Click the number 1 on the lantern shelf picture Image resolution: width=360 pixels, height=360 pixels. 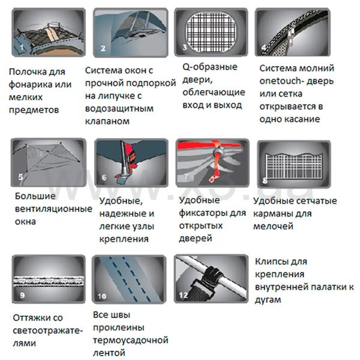22,47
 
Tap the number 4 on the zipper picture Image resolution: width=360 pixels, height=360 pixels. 264,48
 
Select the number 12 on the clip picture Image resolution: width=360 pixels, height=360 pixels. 184,295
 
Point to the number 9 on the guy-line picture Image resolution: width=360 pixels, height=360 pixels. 22,295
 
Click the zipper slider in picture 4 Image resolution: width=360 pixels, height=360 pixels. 290,37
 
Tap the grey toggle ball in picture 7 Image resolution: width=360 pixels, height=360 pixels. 217,152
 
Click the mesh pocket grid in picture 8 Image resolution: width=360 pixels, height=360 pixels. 294,166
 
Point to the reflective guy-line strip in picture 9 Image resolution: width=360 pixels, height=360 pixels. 49,281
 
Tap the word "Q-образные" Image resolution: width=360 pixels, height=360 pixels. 210,67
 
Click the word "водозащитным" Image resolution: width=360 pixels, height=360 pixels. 119,109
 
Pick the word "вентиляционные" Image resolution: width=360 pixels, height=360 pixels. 53,209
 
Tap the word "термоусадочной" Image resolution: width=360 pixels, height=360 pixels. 131,340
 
